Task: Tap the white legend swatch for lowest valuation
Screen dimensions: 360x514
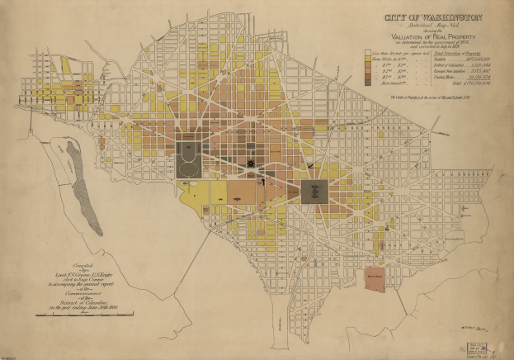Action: click(x=369, y=52)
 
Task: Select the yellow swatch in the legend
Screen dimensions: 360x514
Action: click(x=369, y=59)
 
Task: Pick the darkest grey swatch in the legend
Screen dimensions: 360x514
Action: click(x=369, y=83)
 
